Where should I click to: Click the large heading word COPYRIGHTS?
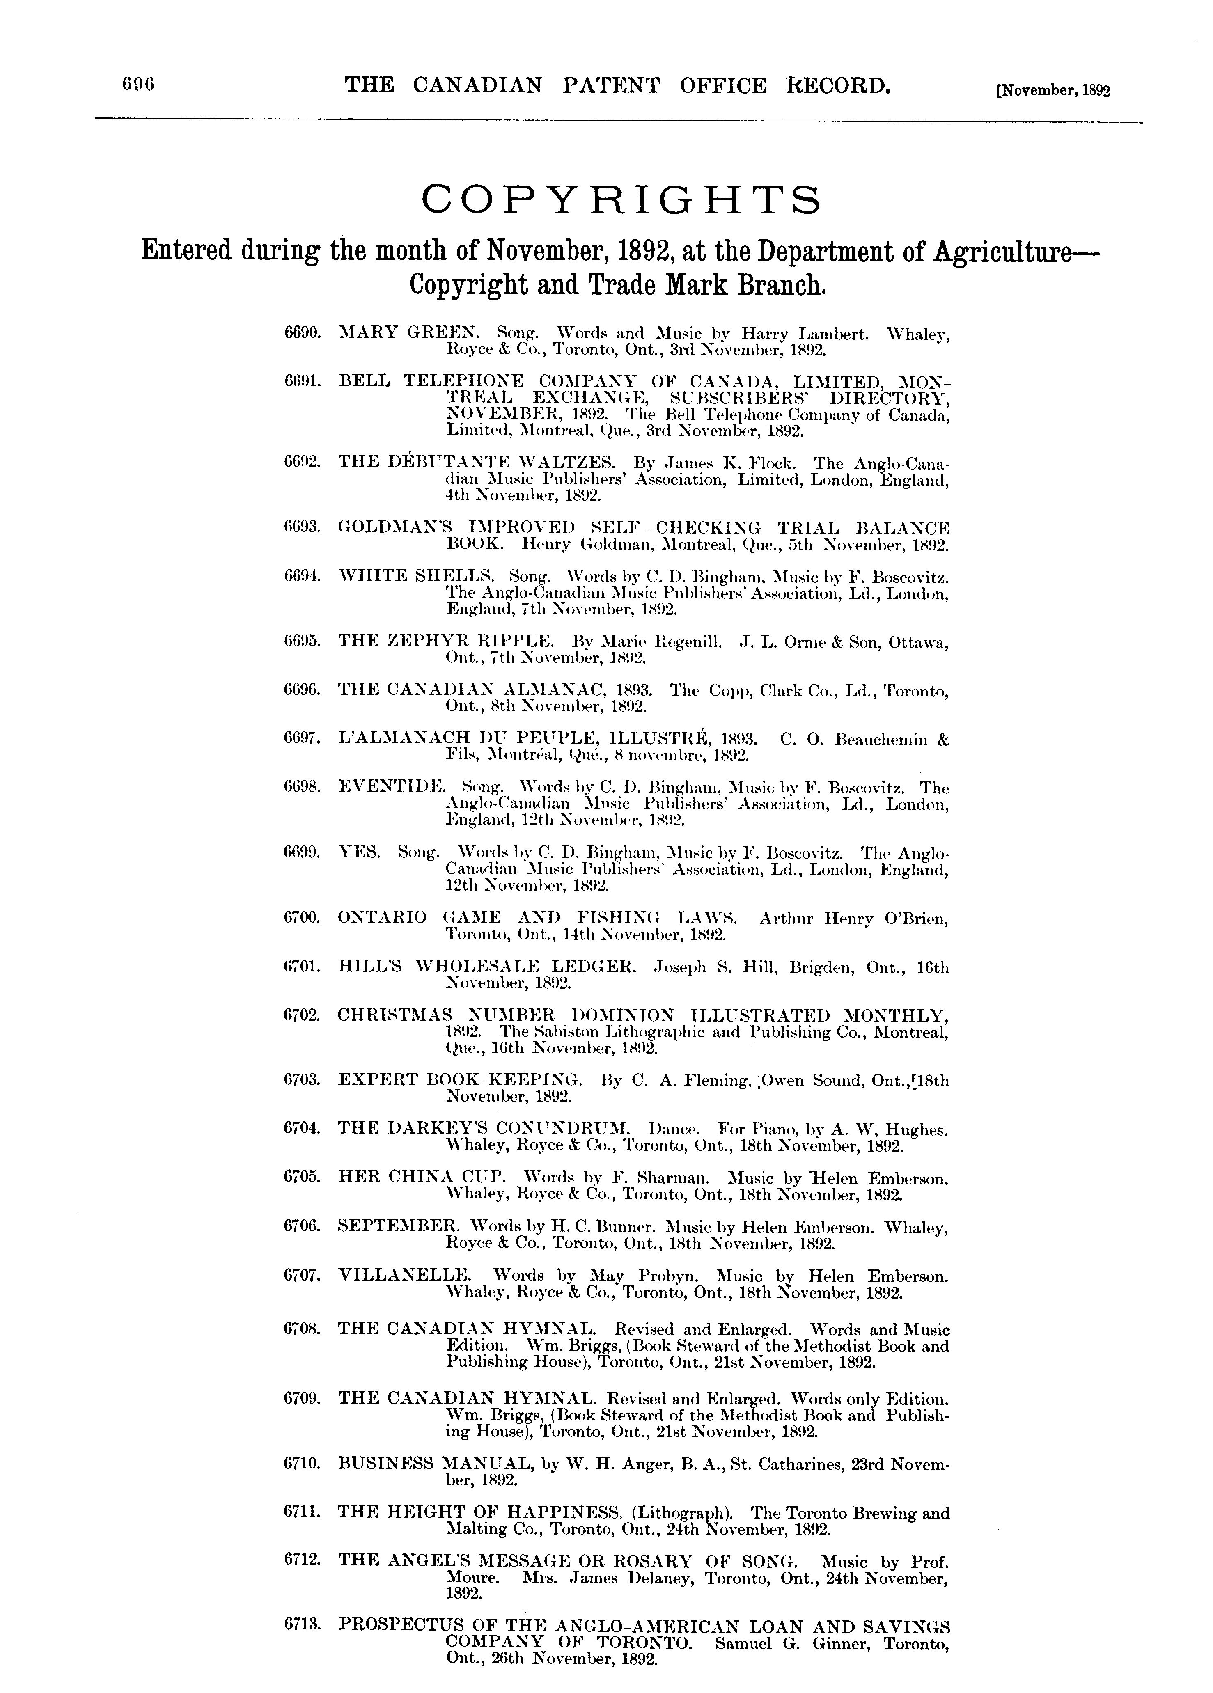[x=621, y=199]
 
